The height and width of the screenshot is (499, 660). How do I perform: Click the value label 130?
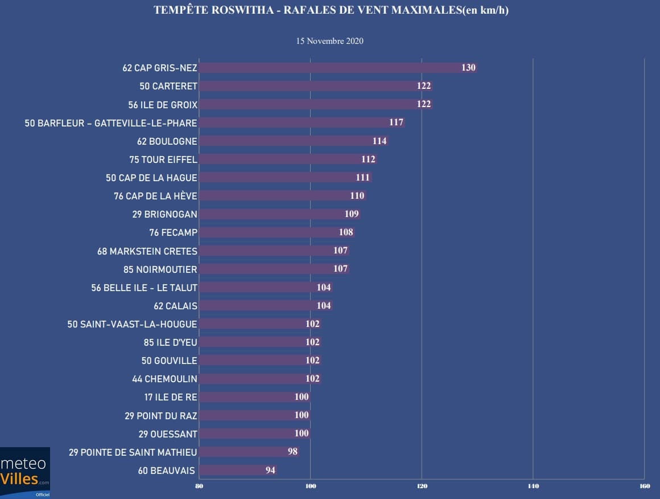click(x=468, y=68)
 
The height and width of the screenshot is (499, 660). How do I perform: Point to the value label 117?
click(x=397, y=122)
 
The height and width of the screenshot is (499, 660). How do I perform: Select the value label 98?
click(x=292, y=452)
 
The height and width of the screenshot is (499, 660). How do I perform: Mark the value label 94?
click(x=270, y=471)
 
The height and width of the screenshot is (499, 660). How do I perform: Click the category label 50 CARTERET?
click(x=168, y=86)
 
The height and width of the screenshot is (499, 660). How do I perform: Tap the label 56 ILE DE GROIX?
click(x=163, y=105)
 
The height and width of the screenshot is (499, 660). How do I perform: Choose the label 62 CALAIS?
click(x=174, y=306)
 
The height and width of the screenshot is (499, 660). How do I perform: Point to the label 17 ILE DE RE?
click(x=171, y=397)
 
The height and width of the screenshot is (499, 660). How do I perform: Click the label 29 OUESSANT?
click(x=168, y=434)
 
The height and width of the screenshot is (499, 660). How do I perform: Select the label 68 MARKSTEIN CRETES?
click(x=147, y=251)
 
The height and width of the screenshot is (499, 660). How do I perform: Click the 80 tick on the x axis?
click(x=199, y=486)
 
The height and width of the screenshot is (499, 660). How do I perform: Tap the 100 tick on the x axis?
click(x=311, y=486)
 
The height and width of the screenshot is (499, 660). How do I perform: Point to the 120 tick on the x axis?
click(x=422, y=486)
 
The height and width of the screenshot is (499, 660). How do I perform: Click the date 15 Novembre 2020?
click(x=330, y=41)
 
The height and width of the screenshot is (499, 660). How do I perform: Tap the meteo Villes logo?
click(x=25, y=472)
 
